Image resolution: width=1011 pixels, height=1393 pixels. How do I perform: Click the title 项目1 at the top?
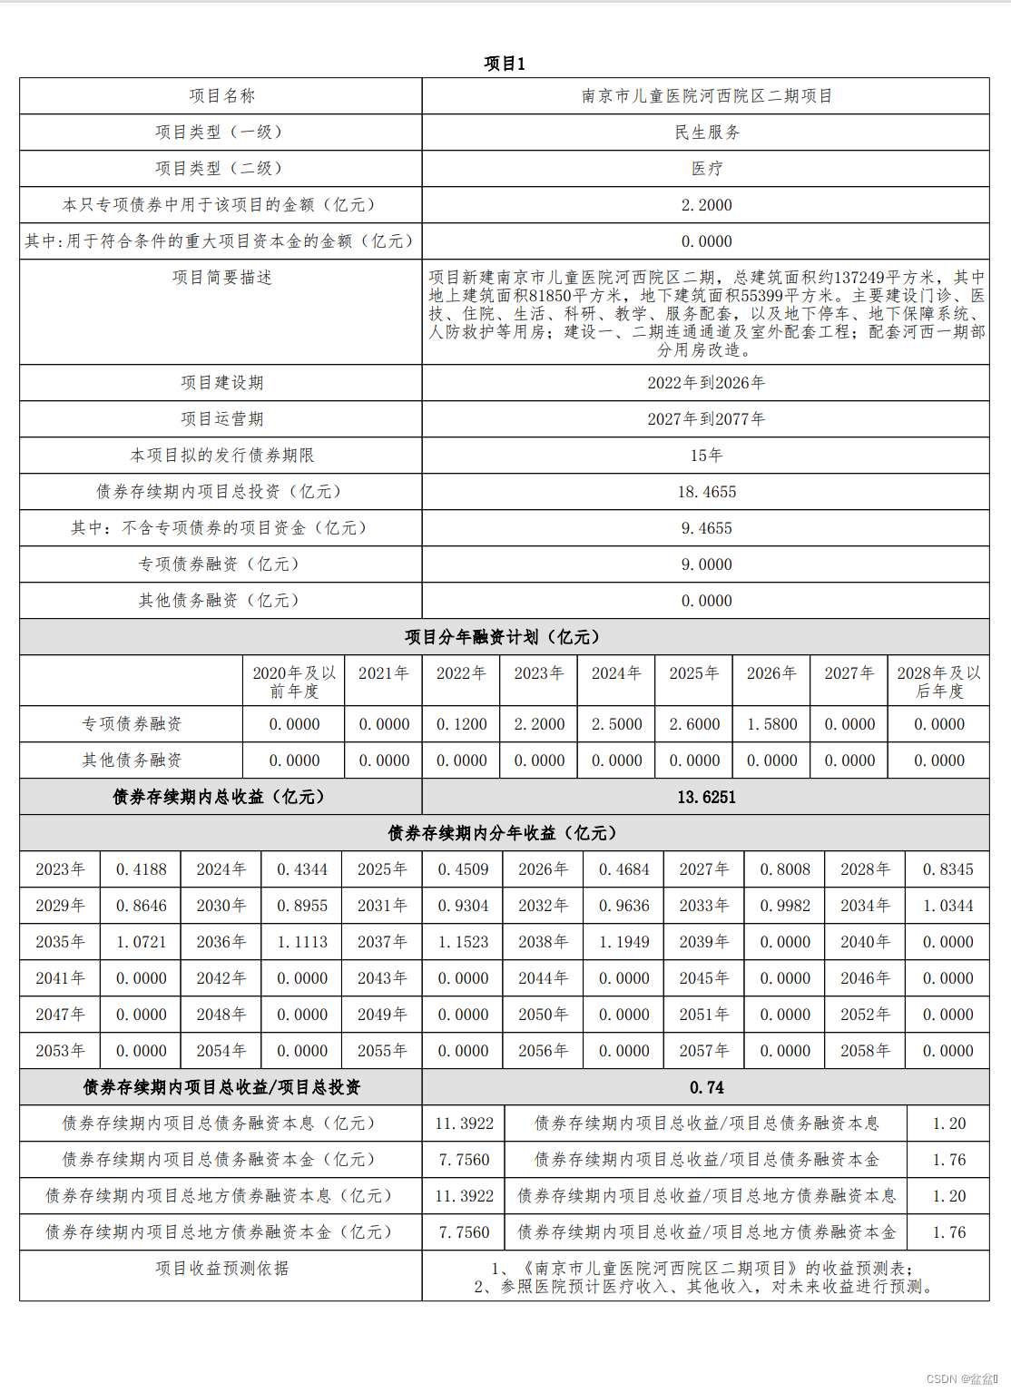[505, 64]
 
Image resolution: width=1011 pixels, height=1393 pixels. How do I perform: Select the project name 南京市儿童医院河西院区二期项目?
[706, 96]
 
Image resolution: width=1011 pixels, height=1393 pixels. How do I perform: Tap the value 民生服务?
[706, 132]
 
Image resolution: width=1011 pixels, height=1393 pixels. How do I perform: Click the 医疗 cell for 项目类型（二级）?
[706, 169]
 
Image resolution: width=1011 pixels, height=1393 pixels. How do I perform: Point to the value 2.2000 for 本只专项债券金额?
[706, 205]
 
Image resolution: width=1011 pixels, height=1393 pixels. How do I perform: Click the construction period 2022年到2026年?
[706, 383]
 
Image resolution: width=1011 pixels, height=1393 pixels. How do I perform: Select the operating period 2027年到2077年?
[706, 419]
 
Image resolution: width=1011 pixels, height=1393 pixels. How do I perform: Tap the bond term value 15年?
[706, 456]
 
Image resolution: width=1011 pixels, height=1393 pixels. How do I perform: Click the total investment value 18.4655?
[706, 492]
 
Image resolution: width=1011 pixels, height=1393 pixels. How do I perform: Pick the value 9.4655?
[706, 528]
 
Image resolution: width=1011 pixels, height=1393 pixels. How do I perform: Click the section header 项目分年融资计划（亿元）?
[503, 637]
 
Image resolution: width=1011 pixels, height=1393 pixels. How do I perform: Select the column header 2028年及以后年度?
[938, 682]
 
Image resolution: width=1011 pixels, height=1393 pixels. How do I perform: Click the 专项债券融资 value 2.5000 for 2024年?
[616, 724]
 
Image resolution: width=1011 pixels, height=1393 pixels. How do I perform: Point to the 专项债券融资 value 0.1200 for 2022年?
[461, 724]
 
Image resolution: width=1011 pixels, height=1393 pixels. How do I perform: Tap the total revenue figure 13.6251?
[706, 797]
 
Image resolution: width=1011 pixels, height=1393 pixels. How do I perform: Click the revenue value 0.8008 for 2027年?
[785, 869]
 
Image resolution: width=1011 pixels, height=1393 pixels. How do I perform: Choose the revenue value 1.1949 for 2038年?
[623, 942]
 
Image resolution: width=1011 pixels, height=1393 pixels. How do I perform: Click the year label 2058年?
[865, 1051]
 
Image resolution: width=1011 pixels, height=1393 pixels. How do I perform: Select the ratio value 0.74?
[706, 1087]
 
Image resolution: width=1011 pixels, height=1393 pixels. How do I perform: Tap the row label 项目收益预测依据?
[221, 1269]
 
